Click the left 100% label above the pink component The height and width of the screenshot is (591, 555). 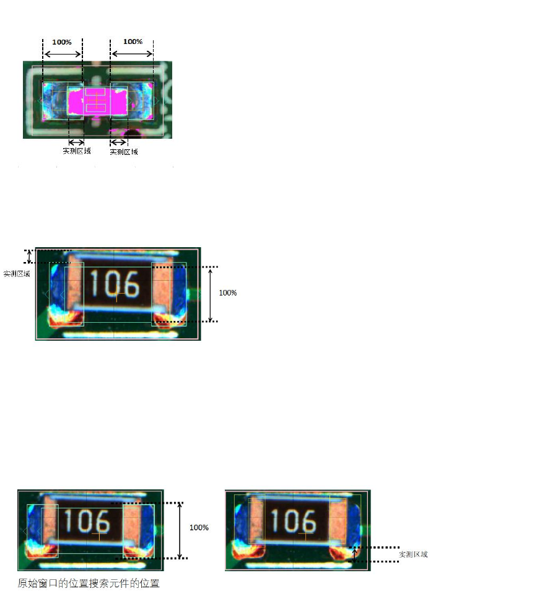click(62, 42)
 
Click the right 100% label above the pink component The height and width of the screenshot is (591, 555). click(133, 42)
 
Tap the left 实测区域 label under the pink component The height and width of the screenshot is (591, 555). click(77, 151)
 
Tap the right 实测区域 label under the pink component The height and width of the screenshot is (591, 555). click(124, 152)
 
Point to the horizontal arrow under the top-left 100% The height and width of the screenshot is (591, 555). click(63, 55)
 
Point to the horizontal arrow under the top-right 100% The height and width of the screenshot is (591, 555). click(133, 53)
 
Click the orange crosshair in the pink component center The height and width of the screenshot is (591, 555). click(97, 100)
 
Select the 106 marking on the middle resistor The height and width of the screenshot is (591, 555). click(115, 284)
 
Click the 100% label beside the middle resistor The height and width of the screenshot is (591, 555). click(228, 293)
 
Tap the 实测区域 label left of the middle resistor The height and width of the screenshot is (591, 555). click(17, 274)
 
